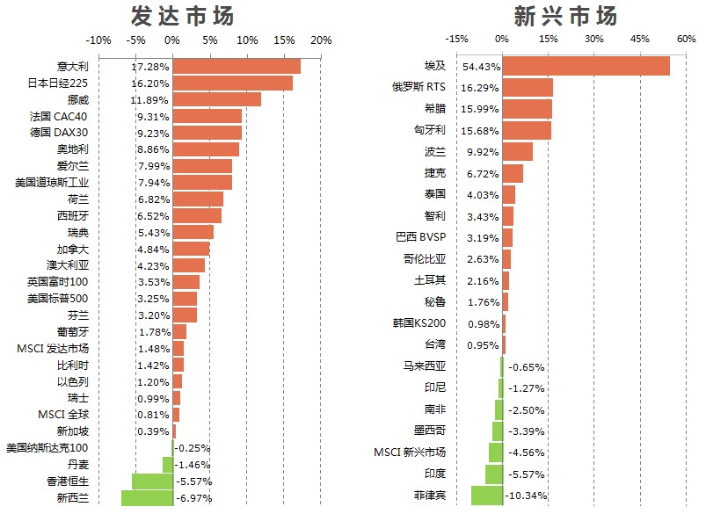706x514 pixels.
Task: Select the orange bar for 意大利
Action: click(x=237, y=67)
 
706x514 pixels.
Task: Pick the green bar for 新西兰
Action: click(x=147, y=498)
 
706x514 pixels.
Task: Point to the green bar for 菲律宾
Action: click(x=487, y=496)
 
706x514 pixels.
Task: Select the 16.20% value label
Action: click(x=149, y=83)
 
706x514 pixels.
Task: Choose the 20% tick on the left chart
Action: click(x=321, y=40)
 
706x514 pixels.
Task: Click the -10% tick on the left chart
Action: click(x=98, y=40)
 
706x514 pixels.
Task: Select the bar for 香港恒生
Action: click(x=152, y=481)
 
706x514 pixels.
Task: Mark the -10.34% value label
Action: click(x=528, y=496)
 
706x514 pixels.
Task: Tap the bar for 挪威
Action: click(x=216, y=99)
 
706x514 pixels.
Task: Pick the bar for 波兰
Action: click(x=517, y=151)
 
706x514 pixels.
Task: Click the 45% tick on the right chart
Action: click(x=639, y=40)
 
